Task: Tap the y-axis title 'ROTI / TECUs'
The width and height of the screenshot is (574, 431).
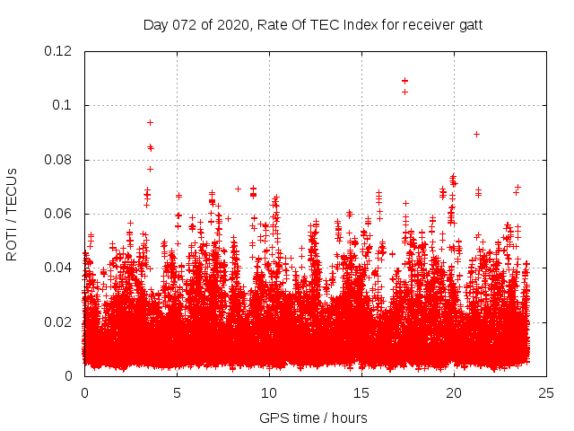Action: click(13, 214)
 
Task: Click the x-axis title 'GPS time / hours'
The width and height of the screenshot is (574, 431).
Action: click(313, 418)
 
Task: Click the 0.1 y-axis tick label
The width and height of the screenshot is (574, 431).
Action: click(65, 105)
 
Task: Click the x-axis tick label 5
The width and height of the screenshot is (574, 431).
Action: click(177, 392)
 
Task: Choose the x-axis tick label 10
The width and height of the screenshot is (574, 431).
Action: click(269, 392)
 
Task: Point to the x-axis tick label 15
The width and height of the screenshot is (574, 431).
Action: click(361, 392)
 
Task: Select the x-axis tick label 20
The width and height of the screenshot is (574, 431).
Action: click(454, 392)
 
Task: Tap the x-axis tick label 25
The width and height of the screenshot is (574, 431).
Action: click(546, 392)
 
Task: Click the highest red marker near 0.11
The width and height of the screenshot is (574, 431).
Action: click(404, 81)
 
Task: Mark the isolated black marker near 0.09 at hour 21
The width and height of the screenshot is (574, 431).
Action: click(476, 134)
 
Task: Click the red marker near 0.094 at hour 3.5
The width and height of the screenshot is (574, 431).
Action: click(150, 122)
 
